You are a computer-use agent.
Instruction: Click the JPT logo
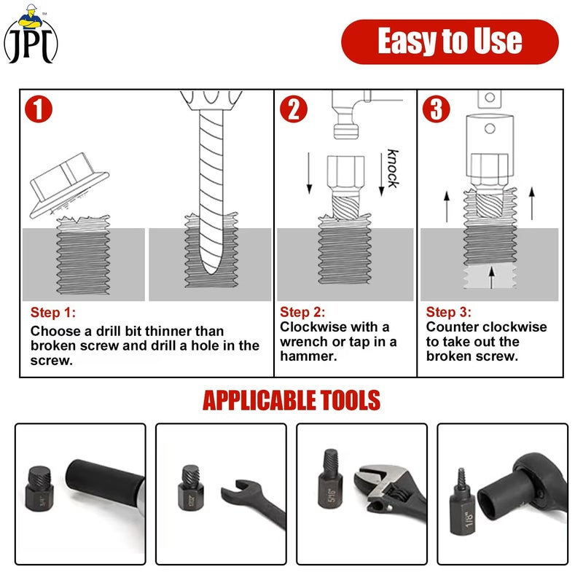coord(31,34)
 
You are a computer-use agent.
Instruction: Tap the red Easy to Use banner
coord(450,42)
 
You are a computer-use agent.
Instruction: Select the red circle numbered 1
coord(39,109)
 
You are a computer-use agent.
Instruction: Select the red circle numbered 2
coord(294,109)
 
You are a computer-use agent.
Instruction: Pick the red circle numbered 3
coord(437,109)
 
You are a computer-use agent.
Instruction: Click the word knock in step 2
coord(393,168)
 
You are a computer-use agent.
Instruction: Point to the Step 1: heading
coord(53,313)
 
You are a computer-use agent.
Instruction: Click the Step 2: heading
coord(302,312)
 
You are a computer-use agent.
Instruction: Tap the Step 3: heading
coord(449,312)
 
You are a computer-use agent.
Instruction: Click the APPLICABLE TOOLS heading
coord(291,400)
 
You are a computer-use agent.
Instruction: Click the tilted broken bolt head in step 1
coord(69,184)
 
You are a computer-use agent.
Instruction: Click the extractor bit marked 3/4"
coord(39,488)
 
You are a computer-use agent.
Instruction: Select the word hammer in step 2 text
coord(308,356)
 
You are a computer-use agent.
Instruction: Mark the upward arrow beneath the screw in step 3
coord(491,278)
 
